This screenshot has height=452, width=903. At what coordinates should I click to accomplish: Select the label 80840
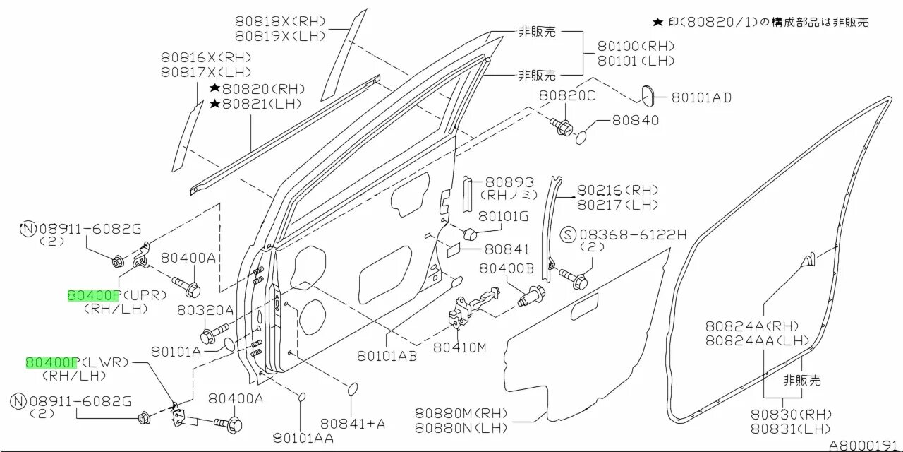point(635,120)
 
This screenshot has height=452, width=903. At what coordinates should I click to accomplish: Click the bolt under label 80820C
point(562,127)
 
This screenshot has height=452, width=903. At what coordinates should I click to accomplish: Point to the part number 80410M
point(459,347)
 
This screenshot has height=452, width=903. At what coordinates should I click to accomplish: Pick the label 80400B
point(507,268)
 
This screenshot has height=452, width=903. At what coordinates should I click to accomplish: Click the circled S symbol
point(569,234)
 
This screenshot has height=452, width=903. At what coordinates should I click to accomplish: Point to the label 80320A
point(205,309)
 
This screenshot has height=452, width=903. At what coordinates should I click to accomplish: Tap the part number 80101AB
point(387,356)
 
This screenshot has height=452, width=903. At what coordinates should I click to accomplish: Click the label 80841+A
point(353,424)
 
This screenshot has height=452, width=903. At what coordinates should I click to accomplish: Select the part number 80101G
point(503,216)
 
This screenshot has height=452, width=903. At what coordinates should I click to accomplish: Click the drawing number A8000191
point(865,446)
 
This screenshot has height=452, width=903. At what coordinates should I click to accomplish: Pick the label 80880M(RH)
point(461,413)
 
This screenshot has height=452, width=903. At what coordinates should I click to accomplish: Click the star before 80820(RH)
point(214,89)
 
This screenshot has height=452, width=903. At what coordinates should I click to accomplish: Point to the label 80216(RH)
point(617,190)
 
